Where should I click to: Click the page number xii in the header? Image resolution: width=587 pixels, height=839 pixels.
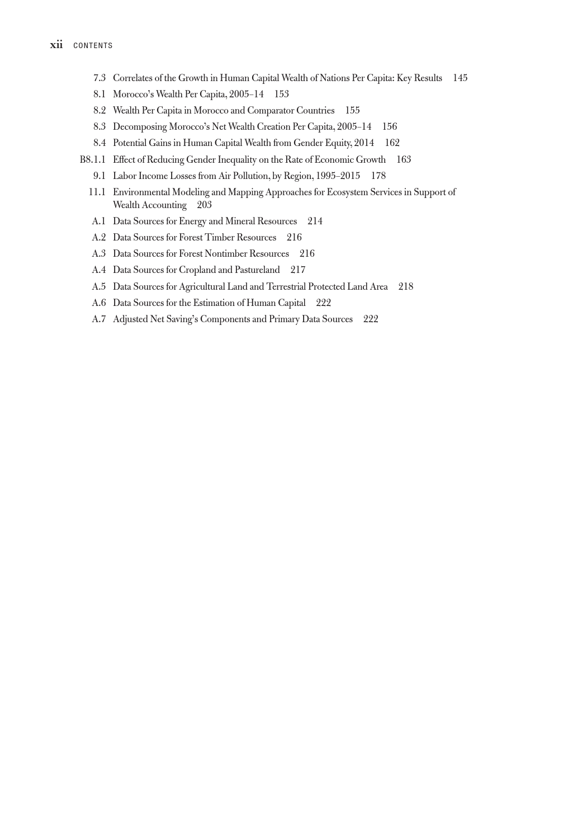coord(56,45)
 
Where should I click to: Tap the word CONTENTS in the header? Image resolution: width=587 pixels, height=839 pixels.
coord(93,45)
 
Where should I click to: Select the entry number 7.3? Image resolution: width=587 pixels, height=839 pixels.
coord(100,78)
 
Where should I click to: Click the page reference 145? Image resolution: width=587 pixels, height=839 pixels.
coord(460,78)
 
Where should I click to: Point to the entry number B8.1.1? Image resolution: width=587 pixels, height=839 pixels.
coord(93,159)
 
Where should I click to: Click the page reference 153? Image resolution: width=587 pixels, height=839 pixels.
coord(281,94)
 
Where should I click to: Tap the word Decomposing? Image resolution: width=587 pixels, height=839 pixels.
coord(140,126)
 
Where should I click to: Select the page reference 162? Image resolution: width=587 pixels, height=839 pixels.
coord(392,143)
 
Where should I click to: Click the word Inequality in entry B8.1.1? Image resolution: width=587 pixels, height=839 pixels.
coord(234,159)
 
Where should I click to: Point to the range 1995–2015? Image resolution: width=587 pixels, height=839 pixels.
coord(338,176)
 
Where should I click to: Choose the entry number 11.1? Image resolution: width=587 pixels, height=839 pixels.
coord(97,192)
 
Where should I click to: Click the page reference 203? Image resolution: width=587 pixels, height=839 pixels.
coord(204,205)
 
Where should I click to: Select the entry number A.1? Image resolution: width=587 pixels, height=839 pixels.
coord(99,221)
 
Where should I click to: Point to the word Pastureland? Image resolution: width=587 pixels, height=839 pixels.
coord(257,270)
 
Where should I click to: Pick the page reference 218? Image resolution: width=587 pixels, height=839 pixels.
coord(406,286)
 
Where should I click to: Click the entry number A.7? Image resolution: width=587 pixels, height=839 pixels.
coord(99,319)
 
